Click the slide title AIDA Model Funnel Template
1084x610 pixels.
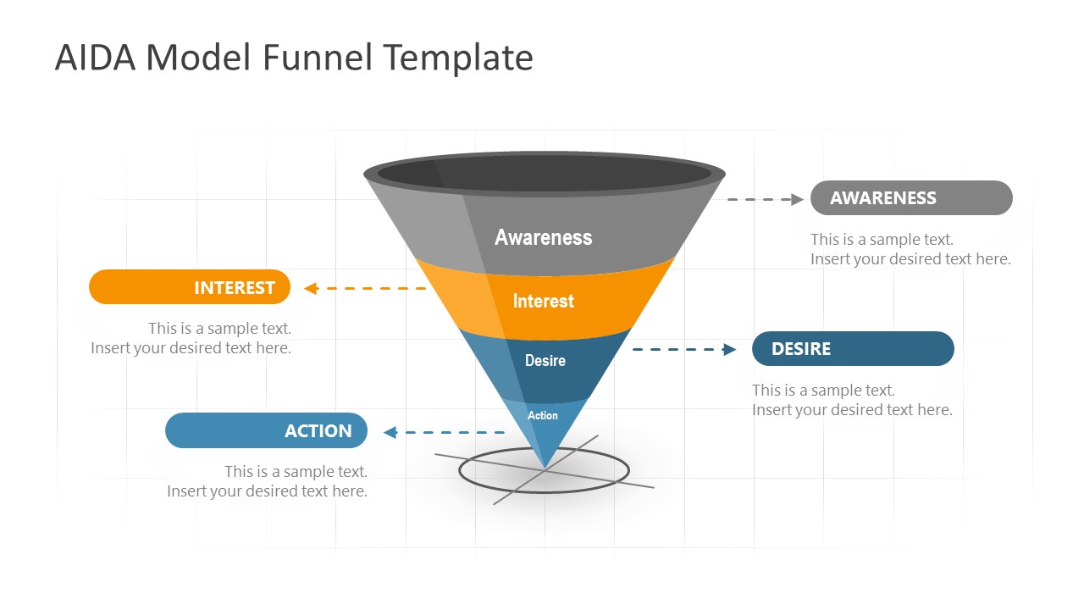tap(294, 58)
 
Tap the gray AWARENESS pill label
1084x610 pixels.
tap(911, 198)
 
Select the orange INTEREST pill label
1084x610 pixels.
tap(190, 287)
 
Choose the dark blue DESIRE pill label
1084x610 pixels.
tap(853, 349)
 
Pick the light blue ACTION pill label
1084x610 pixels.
tap(266, 431)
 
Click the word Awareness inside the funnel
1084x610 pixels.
tap(543, 237)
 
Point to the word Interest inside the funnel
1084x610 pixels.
tap(543, 301)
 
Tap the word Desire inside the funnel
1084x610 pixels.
tap(545, 361)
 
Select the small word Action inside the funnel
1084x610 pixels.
tap(543, 415)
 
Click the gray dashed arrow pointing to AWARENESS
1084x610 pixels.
tap(765, 200)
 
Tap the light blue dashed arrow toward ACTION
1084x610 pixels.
tap(444, 433)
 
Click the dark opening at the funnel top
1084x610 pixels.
tap(545, 174)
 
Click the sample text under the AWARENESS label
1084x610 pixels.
tap(910, 250)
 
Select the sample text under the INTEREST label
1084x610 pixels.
tap(191, 338)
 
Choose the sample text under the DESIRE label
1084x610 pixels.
tap(852, 400)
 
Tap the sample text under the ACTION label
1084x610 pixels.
tap(268, 481)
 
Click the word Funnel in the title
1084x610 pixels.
tap(318, 58)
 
